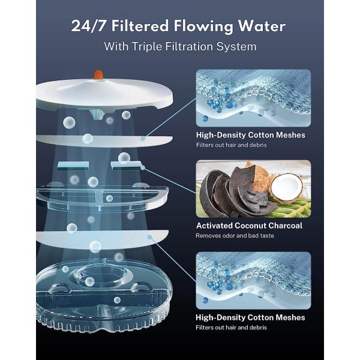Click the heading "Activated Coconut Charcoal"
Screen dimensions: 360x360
coord(249,226)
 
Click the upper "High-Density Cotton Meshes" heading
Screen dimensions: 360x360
coord(250,135)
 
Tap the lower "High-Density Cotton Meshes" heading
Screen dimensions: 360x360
coord(250,317)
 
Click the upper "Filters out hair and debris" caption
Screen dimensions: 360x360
coord(231,146)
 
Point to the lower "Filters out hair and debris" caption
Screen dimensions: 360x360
coord(231,328)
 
